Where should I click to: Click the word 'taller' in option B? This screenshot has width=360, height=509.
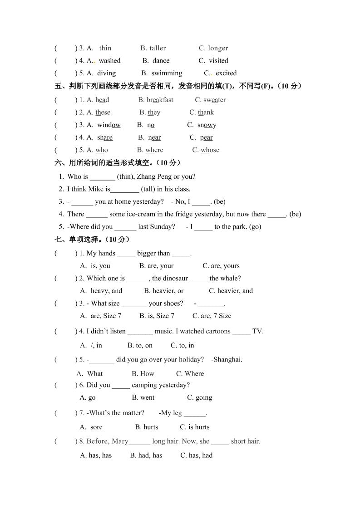point(158,48)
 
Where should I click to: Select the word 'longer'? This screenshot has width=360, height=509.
point(218,48)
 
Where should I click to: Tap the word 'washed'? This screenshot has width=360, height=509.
point(109,60)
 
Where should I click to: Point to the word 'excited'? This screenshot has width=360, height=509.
point(226,73)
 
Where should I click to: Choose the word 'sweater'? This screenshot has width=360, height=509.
point(214,100)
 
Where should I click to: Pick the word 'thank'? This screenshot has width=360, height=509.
point(206,113)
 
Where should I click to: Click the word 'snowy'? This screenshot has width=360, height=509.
point(207,125)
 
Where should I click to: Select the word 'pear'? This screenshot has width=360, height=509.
point(206,137)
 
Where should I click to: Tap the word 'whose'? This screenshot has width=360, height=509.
point(210,150)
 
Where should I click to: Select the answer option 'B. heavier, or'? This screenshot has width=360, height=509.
point(163,291)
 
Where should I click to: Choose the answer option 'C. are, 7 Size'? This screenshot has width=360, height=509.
point(212,316)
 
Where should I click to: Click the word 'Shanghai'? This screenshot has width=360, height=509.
point(227,360)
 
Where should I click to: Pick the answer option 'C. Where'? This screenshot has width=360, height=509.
point(190,374)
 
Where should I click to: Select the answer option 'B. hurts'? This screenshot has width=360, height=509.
point(147,427)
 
